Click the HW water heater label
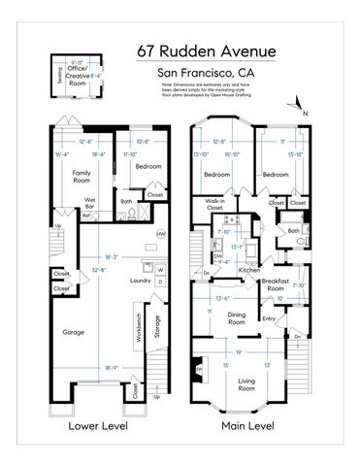(160, 234)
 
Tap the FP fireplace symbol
(200, 369)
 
